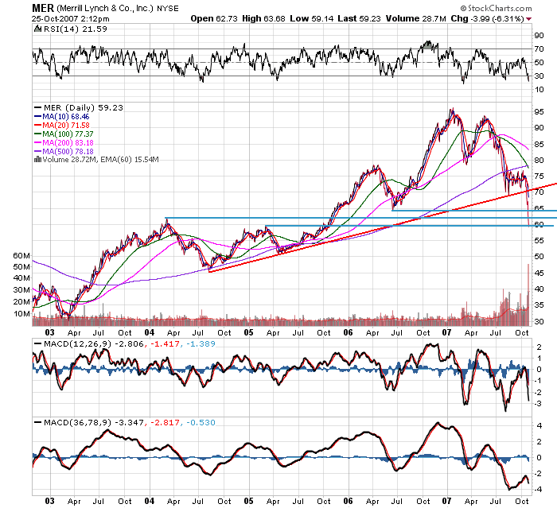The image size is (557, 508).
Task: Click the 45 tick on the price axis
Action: tap(538, 273)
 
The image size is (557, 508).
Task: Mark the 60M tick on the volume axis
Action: tap(21, 255)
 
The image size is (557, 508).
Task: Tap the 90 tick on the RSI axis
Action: tap(538, 35)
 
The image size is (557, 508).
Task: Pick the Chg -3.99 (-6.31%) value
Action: tap(504, 17)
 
